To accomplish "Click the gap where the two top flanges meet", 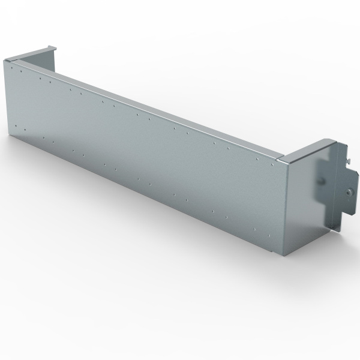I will point(281,158).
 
